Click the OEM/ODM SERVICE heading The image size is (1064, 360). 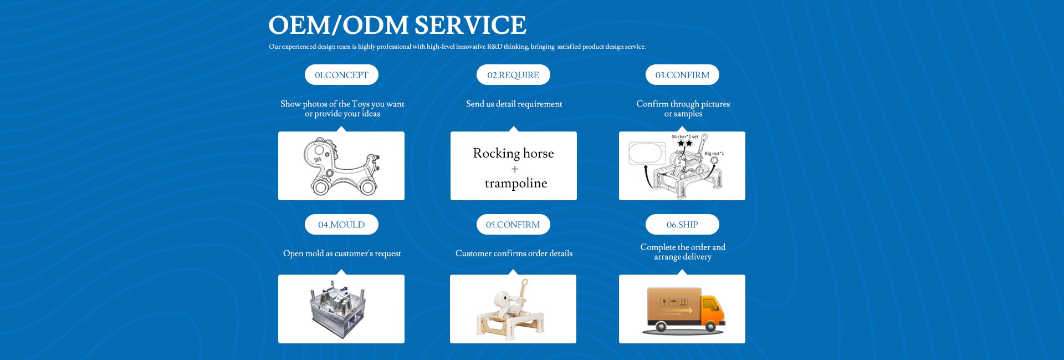click(x=397, y=26)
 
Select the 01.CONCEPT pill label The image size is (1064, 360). click(x=341, y=75)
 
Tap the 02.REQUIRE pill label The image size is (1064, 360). click(x=513, y=75)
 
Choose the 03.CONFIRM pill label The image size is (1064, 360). click(x=682, y=75)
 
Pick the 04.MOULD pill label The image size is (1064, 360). click(x=341, y=225)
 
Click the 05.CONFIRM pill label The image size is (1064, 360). click(x=513, y=225)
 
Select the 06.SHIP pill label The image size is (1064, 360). click(x=682, y=225)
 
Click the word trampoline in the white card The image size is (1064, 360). click(x=516, y=183)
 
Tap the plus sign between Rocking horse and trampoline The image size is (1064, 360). click(x=515, y=169)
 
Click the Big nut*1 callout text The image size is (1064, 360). click(x=714, y=154)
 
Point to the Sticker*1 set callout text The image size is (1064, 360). click(x=685, y=136)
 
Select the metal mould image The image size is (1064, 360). click(x=338, y=309)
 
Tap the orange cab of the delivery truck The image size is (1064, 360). click(x=712, y=311)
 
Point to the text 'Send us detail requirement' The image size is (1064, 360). click(x=514, y=104)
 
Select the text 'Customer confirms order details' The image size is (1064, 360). click(x=514, y=253)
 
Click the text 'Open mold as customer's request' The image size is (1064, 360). click(x=342, y=253)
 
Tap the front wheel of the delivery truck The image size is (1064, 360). click(x=710, y=327)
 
